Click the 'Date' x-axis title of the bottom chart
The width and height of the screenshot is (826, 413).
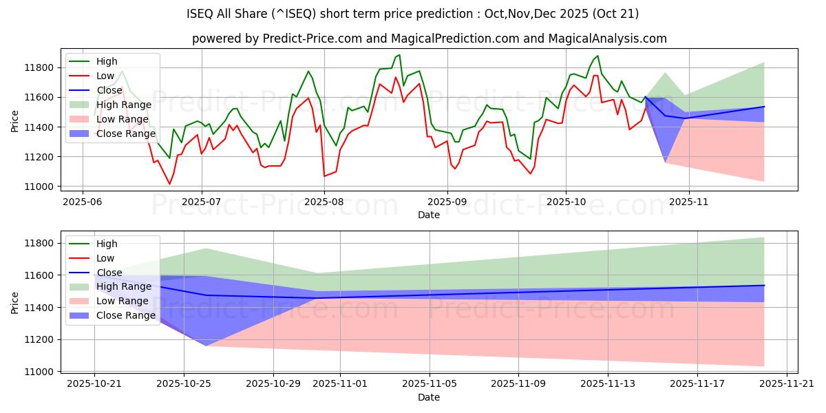pos(428,398)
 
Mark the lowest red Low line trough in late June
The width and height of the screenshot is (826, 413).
pos(169,184)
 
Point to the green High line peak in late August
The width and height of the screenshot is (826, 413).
pos(399,54)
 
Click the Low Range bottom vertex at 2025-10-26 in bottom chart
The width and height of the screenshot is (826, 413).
pos(206,346)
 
